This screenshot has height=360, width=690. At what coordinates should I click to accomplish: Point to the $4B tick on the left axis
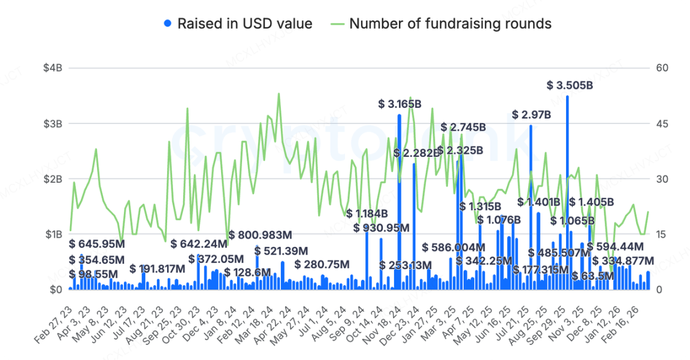(x=52, y=68)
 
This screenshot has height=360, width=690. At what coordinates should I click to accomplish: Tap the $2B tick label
(x=52, y=179)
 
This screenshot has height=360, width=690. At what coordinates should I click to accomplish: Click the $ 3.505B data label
(x=570, y=86)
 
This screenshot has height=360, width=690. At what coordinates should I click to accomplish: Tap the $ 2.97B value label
(x=531, y=114)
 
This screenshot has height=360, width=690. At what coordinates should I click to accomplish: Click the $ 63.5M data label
(x=593, y=276)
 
